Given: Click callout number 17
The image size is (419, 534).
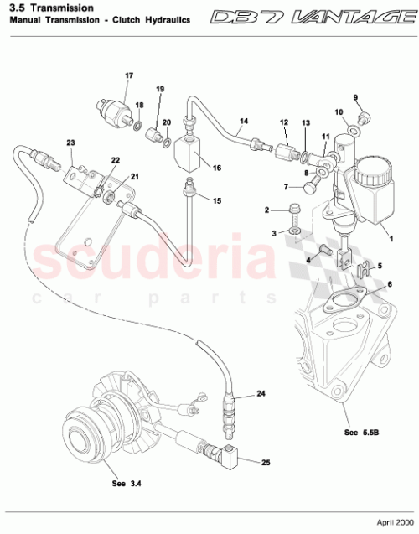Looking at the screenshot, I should [129, 75].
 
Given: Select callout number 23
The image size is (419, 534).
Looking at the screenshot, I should [70, 143].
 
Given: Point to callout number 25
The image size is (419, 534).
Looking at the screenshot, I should [266, 462].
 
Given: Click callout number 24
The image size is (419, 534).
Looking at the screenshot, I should [261, 393].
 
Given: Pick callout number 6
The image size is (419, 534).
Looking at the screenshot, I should [388, 284].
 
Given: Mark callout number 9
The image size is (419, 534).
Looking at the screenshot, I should [354, 97].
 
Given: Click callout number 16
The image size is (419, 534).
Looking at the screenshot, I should [216, 168].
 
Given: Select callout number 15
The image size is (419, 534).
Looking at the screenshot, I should [216, 200].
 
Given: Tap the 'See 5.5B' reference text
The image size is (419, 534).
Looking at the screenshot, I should [362, 433].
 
